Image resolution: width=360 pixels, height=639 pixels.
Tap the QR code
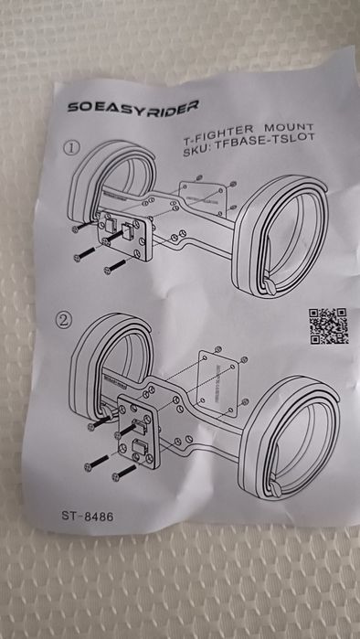pos(327,325)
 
